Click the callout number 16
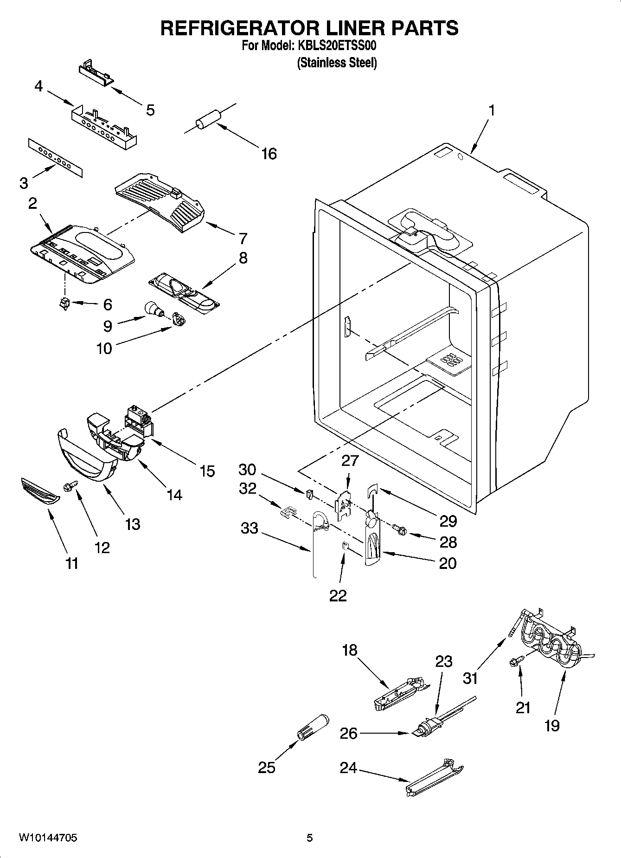(x=269, y=154)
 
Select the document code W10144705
(x=48, y=838)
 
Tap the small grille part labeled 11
(x=40, y=492)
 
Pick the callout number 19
(x=552, y=725)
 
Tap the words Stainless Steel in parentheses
(x=337, y=63)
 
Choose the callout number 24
(x=348, y=768)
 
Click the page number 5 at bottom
(x=310, y=838)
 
